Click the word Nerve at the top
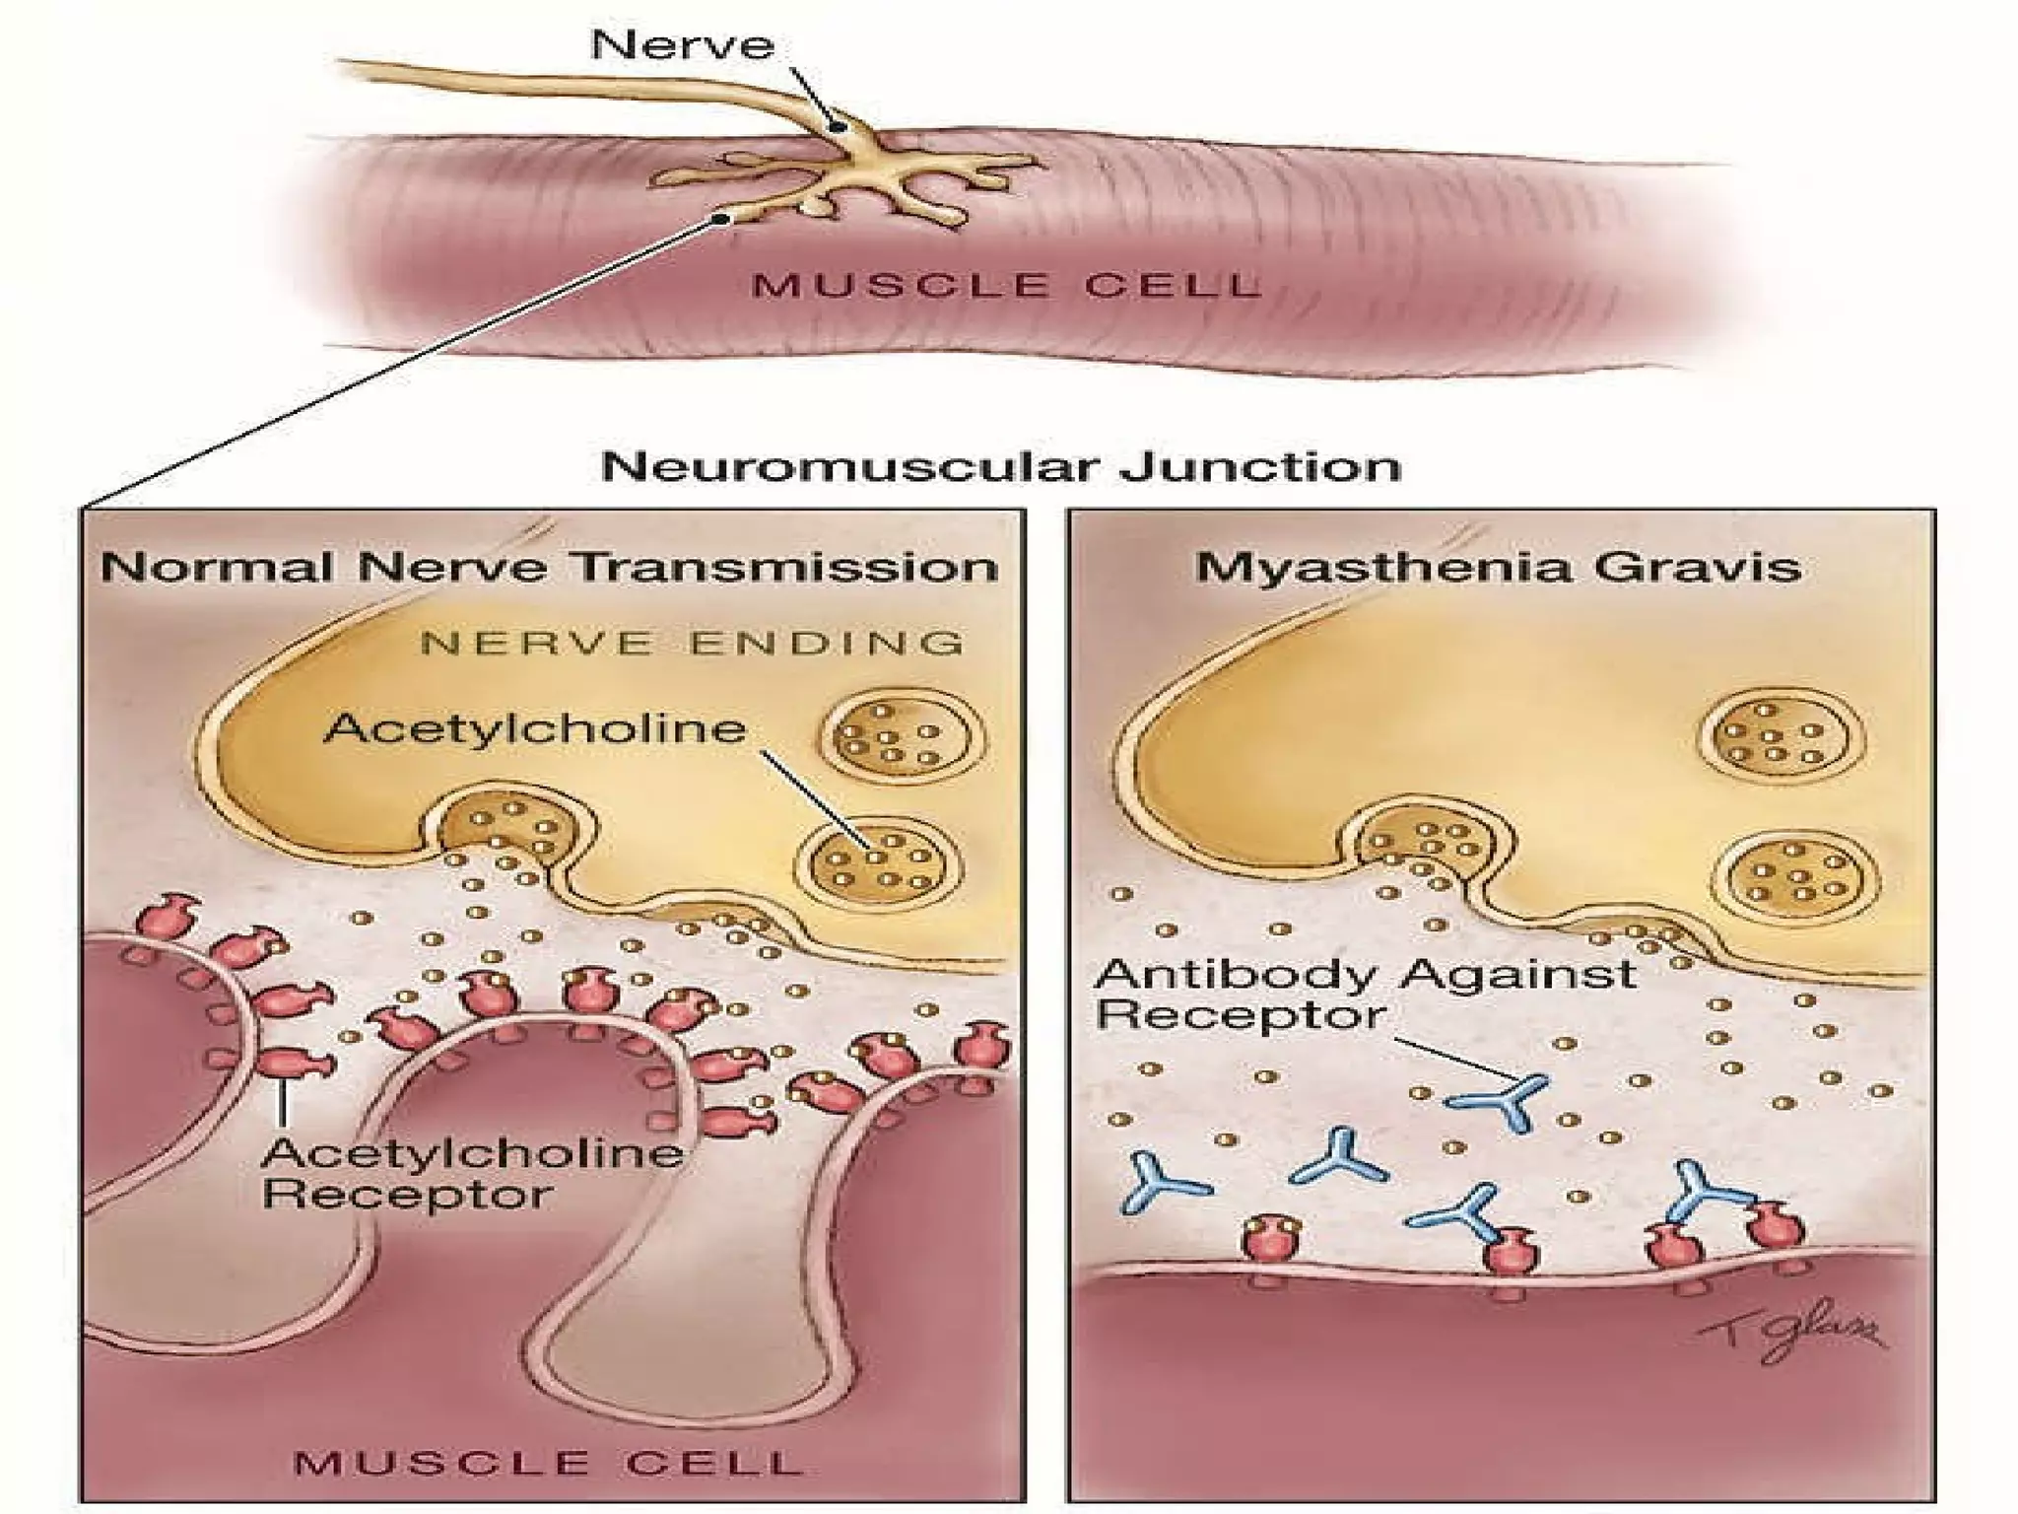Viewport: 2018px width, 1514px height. point(682,45)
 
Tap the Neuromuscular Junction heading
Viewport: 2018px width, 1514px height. point(1000,466)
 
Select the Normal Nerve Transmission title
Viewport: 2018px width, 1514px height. point(550,568)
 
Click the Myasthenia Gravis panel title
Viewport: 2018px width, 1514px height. point(1498,568)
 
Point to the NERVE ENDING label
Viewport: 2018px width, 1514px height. point(692,644)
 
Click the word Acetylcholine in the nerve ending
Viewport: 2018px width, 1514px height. point(535,728)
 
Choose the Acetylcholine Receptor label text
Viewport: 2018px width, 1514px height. point(473,1173)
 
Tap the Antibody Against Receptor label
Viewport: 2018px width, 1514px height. point(1365,994)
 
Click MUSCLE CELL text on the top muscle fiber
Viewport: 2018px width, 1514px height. point(1005,286)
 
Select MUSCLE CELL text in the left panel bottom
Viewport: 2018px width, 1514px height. point(549,1462)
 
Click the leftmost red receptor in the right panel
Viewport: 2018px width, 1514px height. point(1268,1236)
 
